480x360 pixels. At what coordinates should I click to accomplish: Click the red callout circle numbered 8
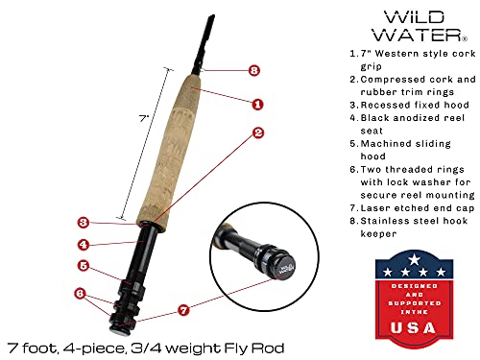click(x=253, y=70)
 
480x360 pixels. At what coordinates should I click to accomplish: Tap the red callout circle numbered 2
click(x=257, y=134)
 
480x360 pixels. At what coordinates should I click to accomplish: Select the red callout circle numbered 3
click(x=84, y=222)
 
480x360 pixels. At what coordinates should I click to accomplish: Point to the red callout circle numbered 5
click(x=84, y=266)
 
